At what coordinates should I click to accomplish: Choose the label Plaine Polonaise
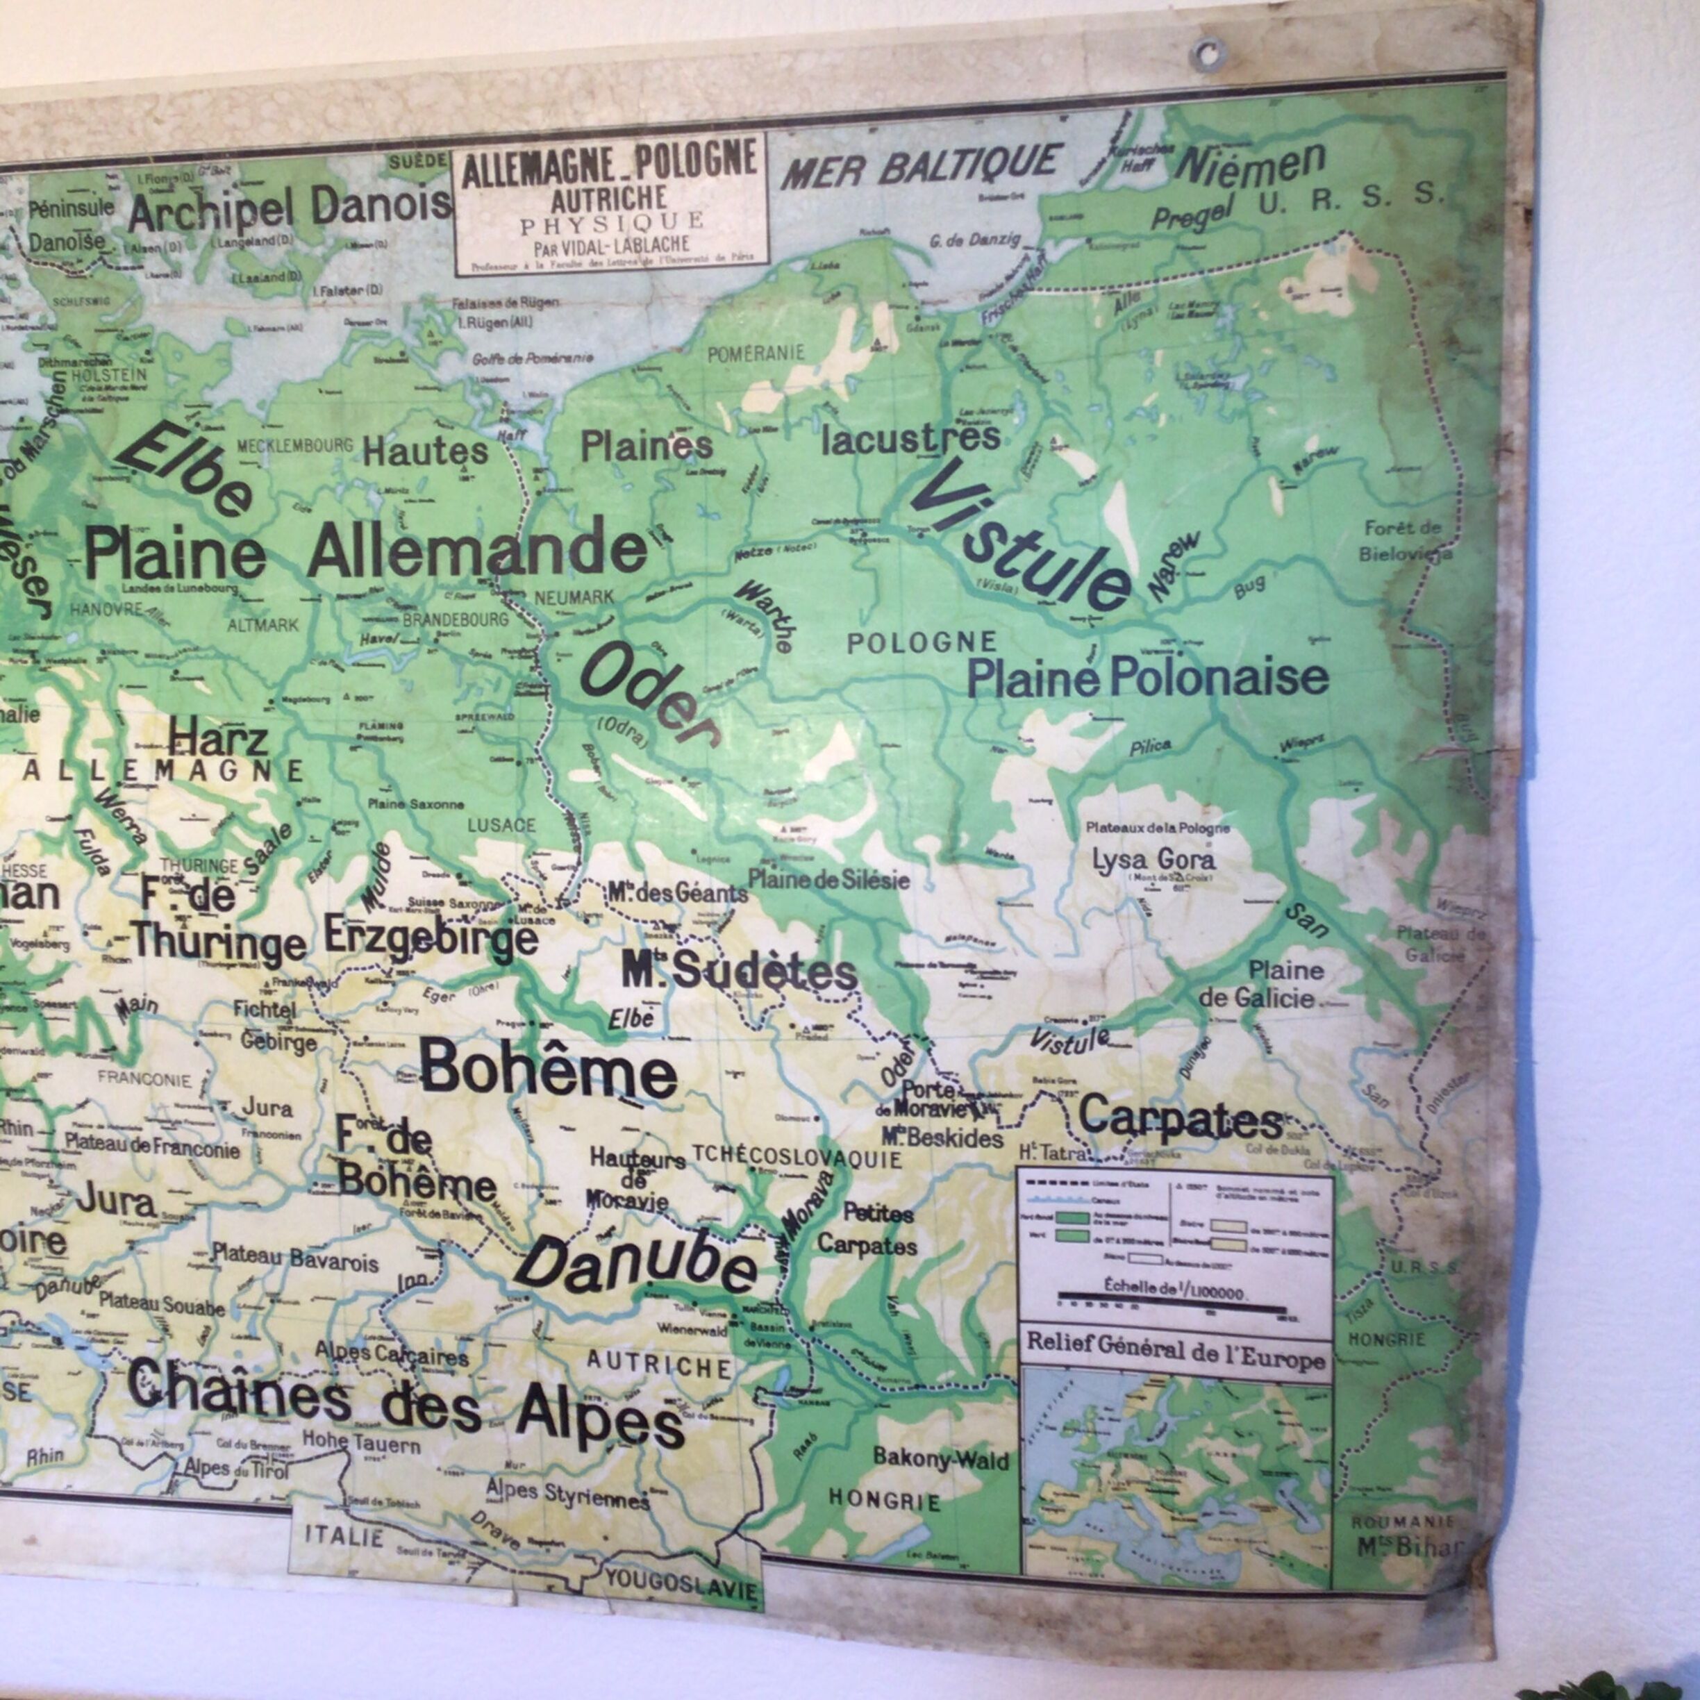pyautogui.click(x=1147, y=678)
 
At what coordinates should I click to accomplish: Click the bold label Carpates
pyautogui.click(x=1180, y=1117)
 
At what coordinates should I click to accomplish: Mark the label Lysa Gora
pyautogui.click(x=1153, y=859)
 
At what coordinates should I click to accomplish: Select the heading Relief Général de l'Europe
pyautogui.click(x=1176, y=1356)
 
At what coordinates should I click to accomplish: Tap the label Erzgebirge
pyautogui.click(x=431, y=935)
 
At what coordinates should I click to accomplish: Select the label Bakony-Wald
pyautogui.click(x=941, y=1458)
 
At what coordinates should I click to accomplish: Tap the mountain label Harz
pyautogui.click(x=218, y=737)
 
